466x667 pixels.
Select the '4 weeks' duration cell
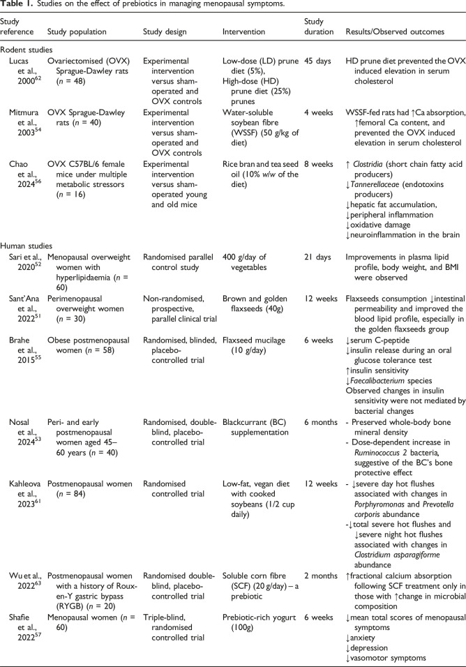[x=321, y=110]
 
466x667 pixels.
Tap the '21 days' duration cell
[x=320, y=257]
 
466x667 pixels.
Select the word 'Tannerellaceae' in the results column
[x=377, y=181]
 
